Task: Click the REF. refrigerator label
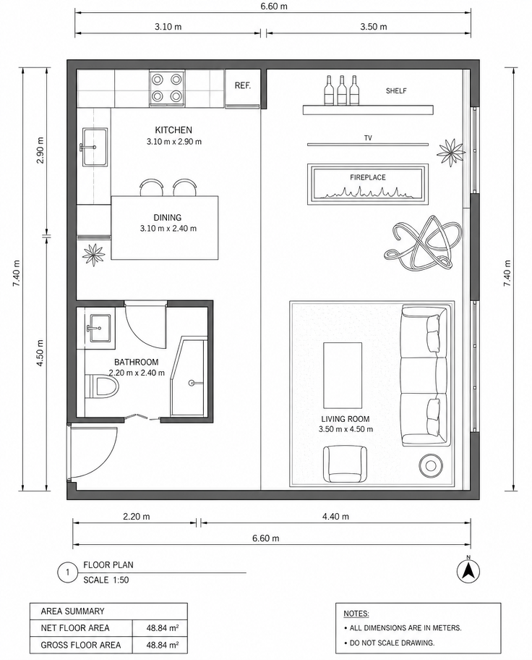pyautogui.click(x=243, y=85)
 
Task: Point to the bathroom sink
pyautogui.click(x=100, y=328)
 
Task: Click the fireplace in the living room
pyautogui.click(x=368, y=185)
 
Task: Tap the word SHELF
pyautogui.click(x=396, y=90)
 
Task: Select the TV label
pyautogui.click(x=368, y=137)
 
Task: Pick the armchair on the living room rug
pyautogui.click(x=345, y=465)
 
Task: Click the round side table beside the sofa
pyautogui.click(x=431, y=465)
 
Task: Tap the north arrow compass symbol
pyautogui.click(x=468, y=570)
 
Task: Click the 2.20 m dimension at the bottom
pyautogui.click(x=137, y=516)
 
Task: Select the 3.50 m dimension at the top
pyautogui.click(x=374, y=27)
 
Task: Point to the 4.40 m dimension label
pyautogui.click(x=335, y=516)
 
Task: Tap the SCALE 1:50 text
pyautogui.click(x=106, y=580)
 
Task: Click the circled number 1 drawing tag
pyautogui.click(x=68, y=572)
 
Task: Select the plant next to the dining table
pyautogui.click(x=93, y=253)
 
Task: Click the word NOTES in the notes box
pyautogui.click(x=356, y=613)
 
